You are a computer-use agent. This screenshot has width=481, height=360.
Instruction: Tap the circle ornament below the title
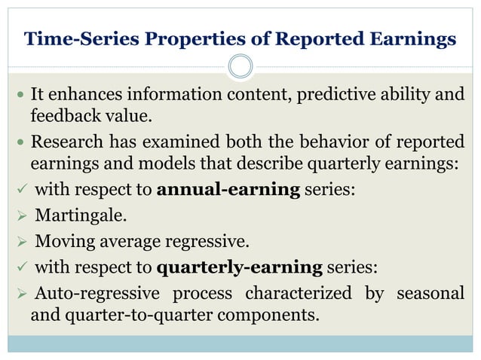pos(240,66)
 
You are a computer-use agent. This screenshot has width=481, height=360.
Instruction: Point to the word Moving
pos(63,242)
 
